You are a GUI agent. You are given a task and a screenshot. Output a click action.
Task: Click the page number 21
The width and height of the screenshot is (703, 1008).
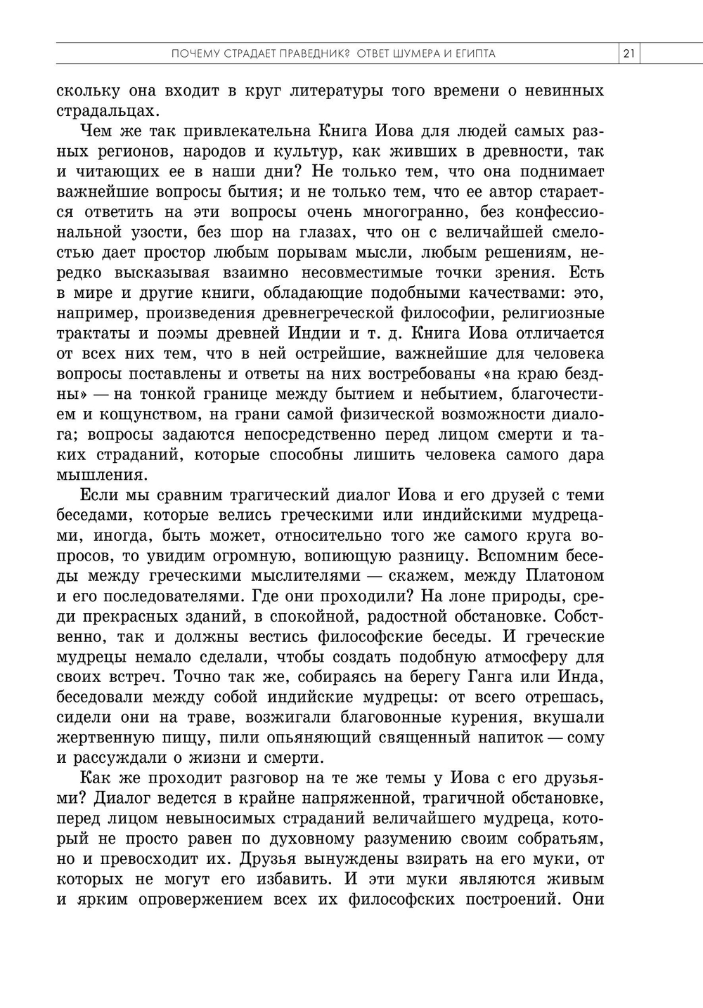628,54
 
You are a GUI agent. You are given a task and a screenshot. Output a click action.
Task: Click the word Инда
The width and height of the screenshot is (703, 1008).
582,677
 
